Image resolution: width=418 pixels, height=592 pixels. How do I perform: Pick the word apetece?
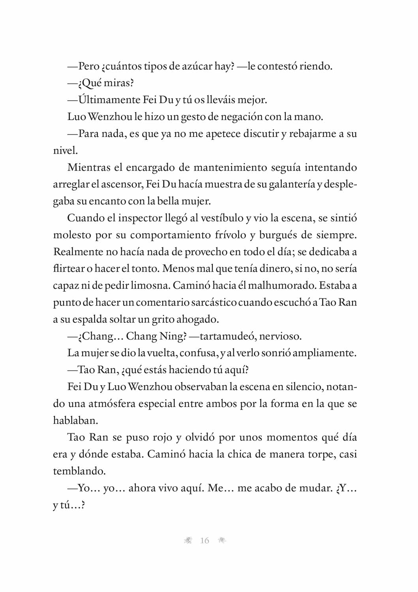pos(221,134)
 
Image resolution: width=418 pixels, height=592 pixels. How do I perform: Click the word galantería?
pos(292,184)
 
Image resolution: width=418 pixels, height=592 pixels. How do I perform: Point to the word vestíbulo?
pos(222,218)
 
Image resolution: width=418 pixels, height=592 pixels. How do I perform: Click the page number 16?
pos(204,541)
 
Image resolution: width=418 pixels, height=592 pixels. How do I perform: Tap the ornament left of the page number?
pos(188,541)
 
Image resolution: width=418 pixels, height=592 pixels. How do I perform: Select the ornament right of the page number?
pos(222,541)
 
